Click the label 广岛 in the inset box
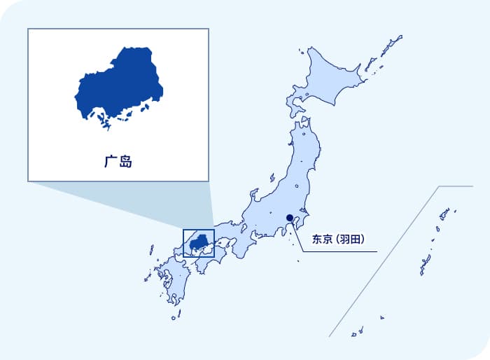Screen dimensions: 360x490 coord(118,162)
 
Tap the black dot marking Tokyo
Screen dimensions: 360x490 coord(290,217)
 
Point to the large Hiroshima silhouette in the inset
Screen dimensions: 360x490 coord(119,84)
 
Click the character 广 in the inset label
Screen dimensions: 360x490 coord(110,162)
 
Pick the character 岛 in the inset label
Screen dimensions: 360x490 coord(125,162)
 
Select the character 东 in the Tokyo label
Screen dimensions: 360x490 coord(317,239)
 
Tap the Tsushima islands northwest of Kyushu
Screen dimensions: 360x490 coord(150,249)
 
